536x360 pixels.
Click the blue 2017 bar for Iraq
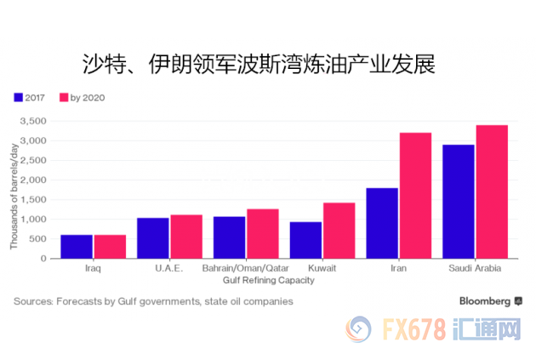[77, 247]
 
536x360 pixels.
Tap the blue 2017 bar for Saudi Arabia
[459, 202]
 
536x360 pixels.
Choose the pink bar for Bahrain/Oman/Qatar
[262, 234]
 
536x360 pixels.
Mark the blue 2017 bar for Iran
[382, 223]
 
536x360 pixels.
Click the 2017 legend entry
[31, 97]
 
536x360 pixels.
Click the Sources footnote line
[153, 300]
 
